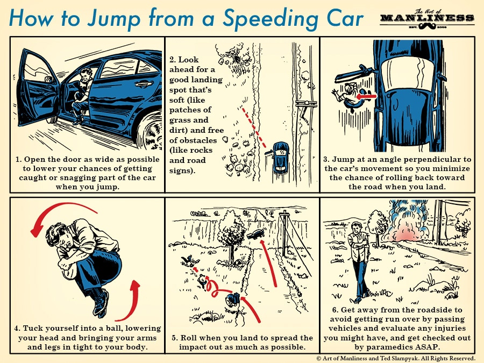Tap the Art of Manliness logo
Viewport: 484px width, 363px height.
click(x=427, y=19)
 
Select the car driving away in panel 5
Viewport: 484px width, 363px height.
click(x=256, y=234)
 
